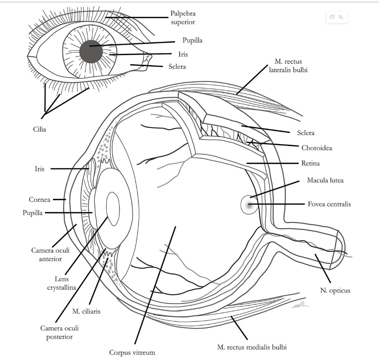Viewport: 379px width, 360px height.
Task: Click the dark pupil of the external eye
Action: click(91, 52)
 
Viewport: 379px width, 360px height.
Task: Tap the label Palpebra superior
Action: click(182, 18)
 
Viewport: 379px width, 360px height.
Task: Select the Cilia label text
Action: click(39, 129)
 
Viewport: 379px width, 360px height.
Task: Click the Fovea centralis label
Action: click(329, 204)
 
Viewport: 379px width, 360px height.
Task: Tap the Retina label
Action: click(310, 164)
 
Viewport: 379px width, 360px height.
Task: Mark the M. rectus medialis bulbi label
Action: click(252, 347)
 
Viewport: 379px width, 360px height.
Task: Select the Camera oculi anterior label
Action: click(45, 254)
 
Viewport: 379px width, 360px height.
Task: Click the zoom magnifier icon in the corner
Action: click(341, 17)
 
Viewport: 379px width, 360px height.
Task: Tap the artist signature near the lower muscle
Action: click(301, 306)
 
